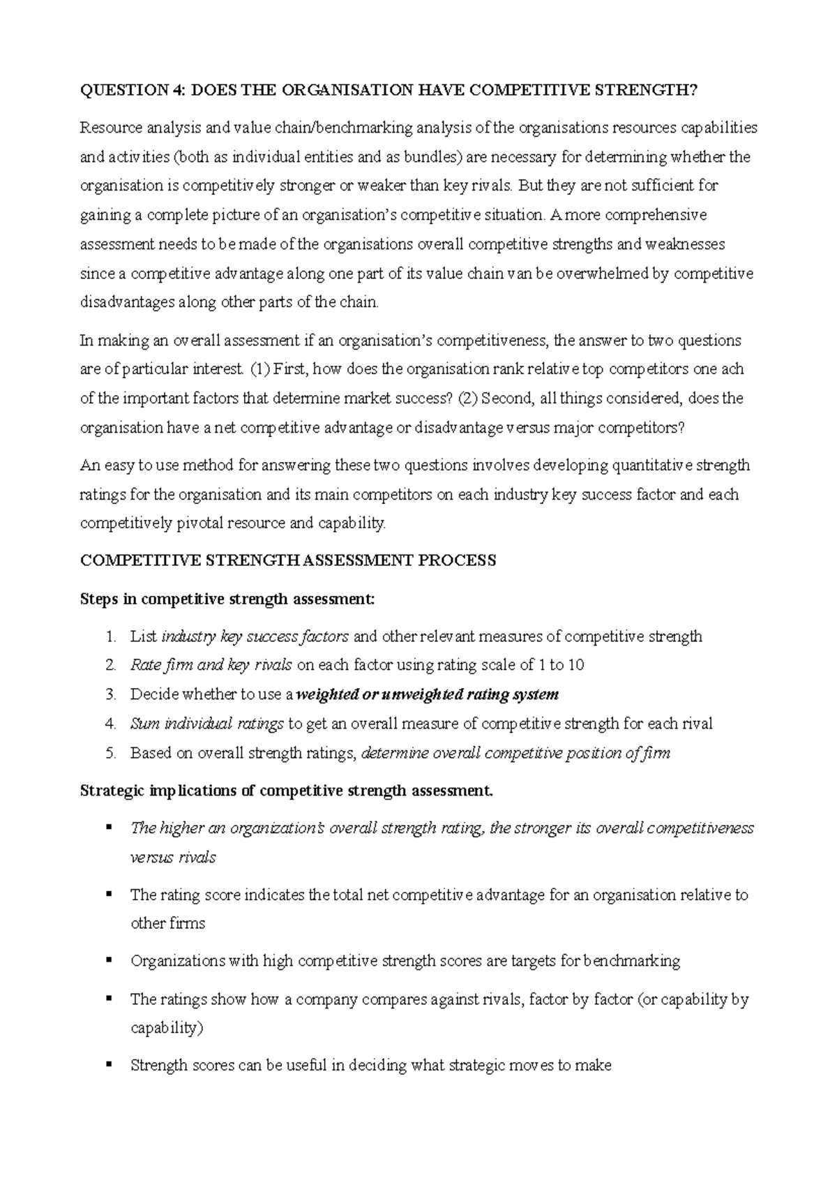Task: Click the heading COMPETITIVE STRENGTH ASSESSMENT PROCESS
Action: click(x=288, y=560)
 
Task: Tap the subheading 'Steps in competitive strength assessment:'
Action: click(x=227, y=599)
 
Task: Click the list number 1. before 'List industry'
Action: click(x=110, y=636)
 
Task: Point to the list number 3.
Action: click(x=110, y=694)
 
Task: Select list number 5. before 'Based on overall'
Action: click(x=110, y=753)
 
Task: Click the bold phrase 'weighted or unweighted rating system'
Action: click(x=427, y=694)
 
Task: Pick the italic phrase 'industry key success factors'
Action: click(x=255, y=636)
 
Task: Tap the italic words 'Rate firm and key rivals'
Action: click(x=211, y=665)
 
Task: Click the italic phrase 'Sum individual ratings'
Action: click(x=206, y=724)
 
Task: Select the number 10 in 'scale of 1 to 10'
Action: click(x=575, y=665)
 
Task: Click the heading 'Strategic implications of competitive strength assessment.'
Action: click(x=287, y=791)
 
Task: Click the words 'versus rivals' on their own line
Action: click(x=173, y=858)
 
